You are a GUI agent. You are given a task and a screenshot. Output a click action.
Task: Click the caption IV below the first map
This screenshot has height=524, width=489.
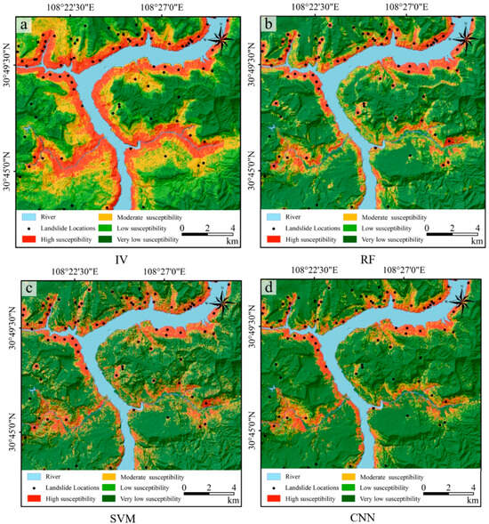click(x=124, y=261)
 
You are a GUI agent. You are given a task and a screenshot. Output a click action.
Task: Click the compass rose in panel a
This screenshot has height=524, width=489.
click(x=220, y=38)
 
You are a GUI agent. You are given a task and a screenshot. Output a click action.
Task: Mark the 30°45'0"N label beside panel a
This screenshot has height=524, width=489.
click(x=12, y=165)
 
